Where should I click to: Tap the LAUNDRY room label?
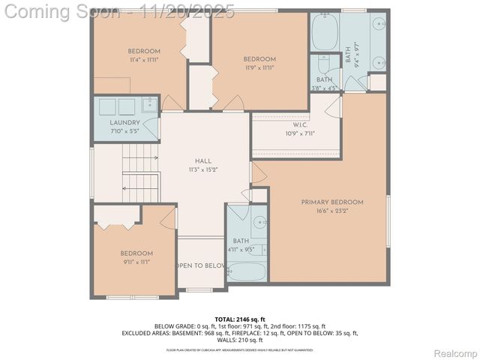[x=124, y=123]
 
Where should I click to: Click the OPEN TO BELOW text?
[x=201, y=265]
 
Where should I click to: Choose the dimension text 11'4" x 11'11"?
[x=144, y=59]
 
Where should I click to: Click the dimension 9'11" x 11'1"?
[x=136, y=262]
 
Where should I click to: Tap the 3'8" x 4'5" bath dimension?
[x=325, y=88]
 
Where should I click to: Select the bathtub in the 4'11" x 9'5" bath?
[x=245, y=270]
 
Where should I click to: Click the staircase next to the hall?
[x=141, y=172]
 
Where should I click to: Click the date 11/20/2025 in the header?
[x=196, y=11]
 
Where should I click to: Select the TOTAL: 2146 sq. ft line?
[x=239, y=319]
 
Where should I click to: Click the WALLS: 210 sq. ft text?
[x=240, y=340]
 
